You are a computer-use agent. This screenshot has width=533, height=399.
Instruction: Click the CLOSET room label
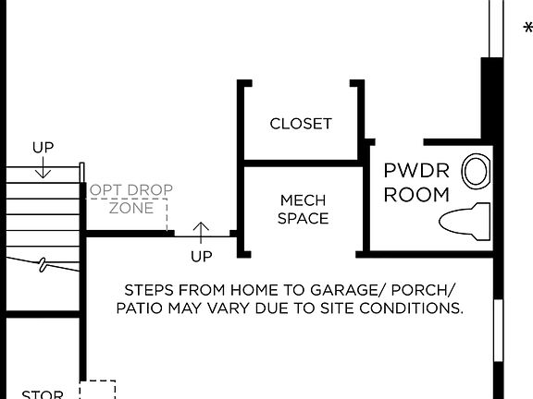[301, 124]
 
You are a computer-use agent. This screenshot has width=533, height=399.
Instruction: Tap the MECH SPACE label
[304, 209]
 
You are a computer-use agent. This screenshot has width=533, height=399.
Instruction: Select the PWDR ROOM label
[416, 182]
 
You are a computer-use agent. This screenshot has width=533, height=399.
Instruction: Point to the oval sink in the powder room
[477, 171]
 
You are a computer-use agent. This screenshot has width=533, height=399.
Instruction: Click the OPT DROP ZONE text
[130, 199]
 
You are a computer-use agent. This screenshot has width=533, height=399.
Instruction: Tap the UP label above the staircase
[43, 147]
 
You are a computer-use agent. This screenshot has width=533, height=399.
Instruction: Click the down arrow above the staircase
[43, 167]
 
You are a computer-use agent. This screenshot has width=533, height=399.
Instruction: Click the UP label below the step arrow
[201, 256]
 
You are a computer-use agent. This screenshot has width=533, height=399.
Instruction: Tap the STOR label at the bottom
[43, 394]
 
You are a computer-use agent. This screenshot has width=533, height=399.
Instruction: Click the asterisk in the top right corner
[527, 29]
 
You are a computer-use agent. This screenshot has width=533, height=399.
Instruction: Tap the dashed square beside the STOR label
[97, 391]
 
